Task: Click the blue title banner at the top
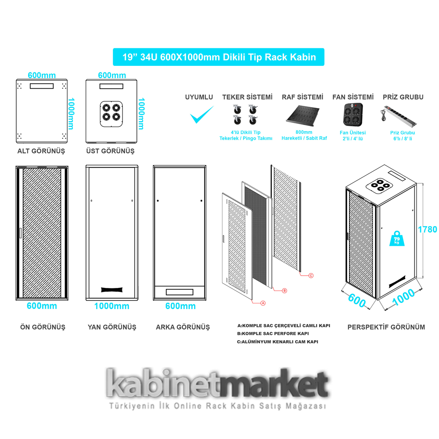[x=219, y=57]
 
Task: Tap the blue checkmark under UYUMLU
[x=202, y=115]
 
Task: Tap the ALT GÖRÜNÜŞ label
[x=41, y=151]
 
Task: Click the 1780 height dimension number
[x=428, y=229]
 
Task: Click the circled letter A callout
[x=263, y=302]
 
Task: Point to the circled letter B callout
[x=284, y=291]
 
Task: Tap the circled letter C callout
[x=311, y=276]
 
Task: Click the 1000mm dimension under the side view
[x=112, y=306]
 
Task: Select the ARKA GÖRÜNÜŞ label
[x=183, y=327]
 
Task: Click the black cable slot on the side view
[x=112, y=289]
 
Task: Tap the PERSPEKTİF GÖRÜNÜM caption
[x=386, y=327]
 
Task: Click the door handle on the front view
[x=20, y=234]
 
